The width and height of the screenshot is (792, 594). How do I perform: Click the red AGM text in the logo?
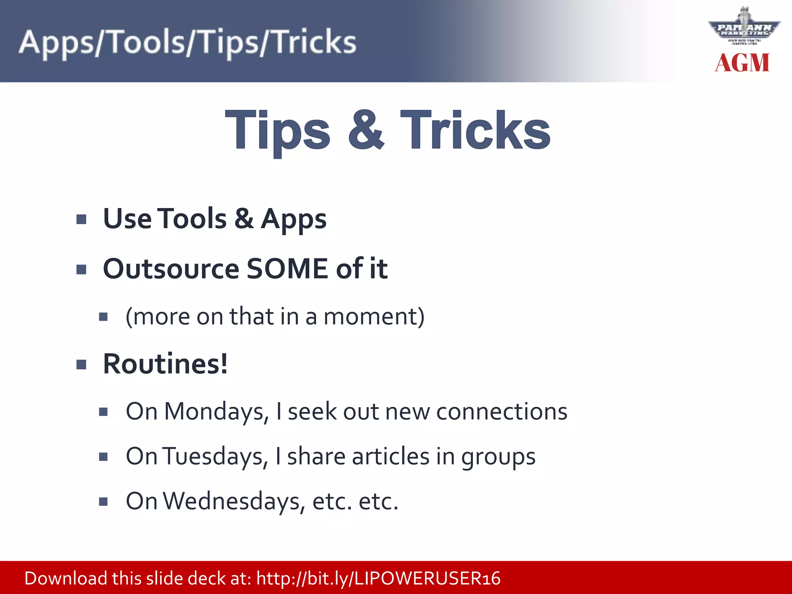point(742,63)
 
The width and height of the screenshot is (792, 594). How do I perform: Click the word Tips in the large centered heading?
point(277,131)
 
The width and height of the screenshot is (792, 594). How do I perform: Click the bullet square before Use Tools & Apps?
point(81,220)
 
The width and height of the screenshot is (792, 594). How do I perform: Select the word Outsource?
point(171,268)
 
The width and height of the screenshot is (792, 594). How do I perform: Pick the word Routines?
point(166,364)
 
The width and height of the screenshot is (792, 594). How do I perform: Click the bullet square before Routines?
point(81,365)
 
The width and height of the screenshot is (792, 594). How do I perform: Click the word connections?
point(502,411)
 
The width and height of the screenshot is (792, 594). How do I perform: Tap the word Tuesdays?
point(215,456)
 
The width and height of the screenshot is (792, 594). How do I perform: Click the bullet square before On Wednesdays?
point(103,502)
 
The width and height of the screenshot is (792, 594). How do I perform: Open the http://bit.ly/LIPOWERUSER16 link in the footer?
point(378,579)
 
